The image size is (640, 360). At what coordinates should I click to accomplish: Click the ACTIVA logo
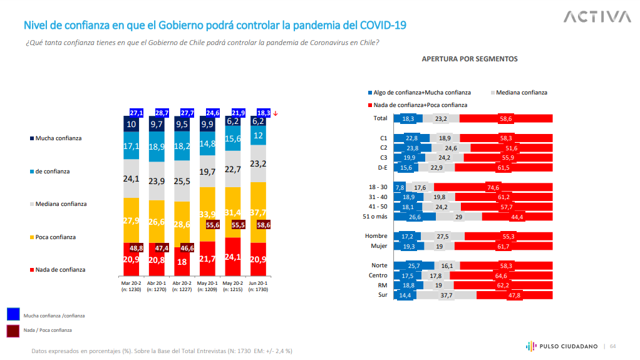(x=597, y=16)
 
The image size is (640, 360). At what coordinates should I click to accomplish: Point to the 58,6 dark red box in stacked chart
(x=262, y=225)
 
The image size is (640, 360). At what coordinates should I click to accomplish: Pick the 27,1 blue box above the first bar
(x=137, y=113)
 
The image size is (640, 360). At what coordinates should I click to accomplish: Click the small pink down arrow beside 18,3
(x=276, y=113)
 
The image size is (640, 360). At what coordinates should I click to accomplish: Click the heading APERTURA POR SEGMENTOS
(x=470, y=59)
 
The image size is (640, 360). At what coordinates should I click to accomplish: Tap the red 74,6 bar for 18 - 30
(x=493, y=187)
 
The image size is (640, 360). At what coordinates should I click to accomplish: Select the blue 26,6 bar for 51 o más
(x=415, y=217)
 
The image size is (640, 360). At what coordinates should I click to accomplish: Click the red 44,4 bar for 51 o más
(x=517, y=217)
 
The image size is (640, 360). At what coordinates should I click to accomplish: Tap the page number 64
(x=613, y=346)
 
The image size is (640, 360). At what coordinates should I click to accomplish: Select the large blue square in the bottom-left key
(x=13, y=314)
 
